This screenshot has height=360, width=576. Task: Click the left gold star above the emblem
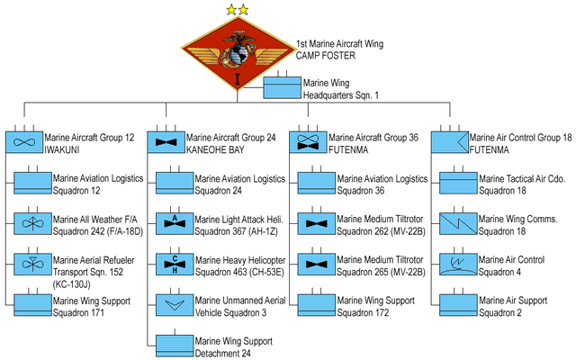coord(231,10)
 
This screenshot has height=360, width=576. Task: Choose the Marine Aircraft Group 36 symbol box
coord(308,142)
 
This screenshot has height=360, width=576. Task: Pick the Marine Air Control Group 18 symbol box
coord(449,142)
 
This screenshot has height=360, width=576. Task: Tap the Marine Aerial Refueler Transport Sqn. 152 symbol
coord(31,265)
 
